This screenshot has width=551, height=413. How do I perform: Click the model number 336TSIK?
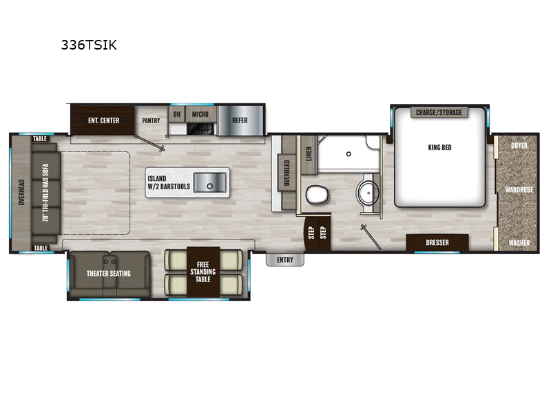89,45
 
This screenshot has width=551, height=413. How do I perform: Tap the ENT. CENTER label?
104,120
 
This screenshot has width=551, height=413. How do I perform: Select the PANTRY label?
151,120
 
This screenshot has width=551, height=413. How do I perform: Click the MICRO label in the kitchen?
200,114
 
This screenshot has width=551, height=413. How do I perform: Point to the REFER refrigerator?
240,120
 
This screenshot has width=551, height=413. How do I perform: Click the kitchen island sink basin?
210,182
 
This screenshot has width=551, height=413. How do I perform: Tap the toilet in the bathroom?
317,194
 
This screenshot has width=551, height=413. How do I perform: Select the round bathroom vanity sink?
368,193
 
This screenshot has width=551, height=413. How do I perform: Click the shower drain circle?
349,154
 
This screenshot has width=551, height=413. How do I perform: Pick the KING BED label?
439,147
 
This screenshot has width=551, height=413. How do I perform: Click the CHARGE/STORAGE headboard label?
439,112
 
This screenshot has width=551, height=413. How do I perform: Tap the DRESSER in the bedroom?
437,243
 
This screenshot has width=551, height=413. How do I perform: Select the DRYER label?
519,145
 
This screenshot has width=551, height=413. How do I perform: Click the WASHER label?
519,243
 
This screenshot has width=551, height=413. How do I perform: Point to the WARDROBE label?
519,190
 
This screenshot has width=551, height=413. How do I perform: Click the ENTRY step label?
285,260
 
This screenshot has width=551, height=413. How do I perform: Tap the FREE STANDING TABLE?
203,272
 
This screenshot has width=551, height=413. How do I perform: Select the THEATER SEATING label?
109,273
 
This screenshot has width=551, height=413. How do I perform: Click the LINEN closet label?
309,153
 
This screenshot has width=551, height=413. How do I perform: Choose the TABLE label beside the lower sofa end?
41,248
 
